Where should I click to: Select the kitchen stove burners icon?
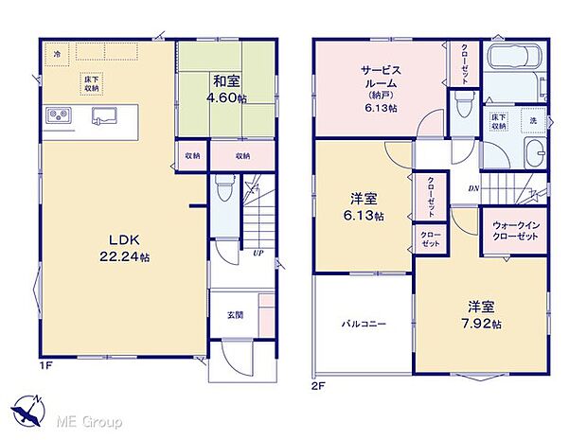coord(56,116)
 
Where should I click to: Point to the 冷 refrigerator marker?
coord(57,53)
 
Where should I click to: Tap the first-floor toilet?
coord(223,189)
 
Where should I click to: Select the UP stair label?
coord(258,253)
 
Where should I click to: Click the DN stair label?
coord(472,188)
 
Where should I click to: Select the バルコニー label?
coord(364,323)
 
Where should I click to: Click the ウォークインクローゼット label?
coord(516,232)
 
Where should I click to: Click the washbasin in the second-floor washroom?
coord(534,151)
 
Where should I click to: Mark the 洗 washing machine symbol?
coord(532,120)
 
